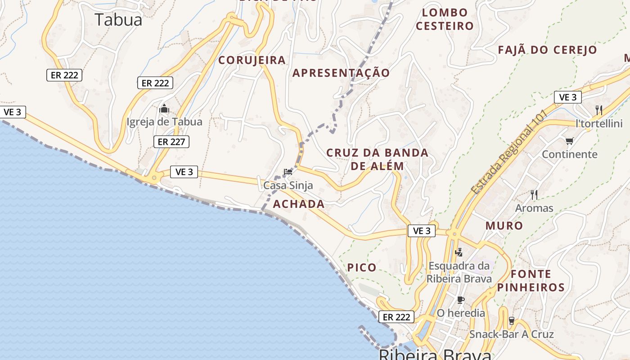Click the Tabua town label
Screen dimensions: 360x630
[x=119, y=19]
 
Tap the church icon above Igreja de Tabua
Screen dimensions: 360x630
[x=164, y=109]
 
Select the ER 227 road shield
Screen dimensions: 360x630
[x=171, y=142]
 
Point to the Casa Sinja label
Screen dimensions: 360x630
[x=288, y=185]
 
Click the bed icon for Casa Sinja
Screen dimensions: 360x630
[x=288, y=171]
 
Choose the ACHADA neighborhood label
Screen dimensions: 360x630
[x=299, y=204]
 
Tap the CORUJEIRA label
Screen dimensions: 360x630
[x=252, y=60]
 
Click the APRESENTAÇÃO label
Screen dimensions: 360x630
[x=342, y=72]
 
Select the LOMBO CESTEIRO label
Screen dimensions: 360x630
[x=445, y=19]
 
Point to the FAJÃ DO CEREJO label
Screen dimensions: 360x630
[x=548, y=49]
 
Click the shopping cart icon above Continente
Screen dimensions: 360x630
[x=569, y=141]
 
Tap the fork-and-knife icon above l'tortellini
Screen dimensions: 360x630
[x=598, y=109]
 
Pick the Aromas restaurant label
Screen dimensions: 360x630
[x=534, y=208]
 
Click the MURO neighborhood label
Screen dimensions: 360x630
[x=504, y=225]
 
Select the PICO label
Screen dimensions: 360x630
[x=362, y=267]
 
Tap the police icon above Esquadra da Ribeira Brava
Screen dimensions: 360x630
[x=459, y=252]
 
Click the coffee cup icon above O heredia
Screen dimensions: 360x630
[x=461, y=300]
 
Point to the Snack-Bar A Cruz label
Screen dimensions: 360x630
[x=512, y=334]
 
